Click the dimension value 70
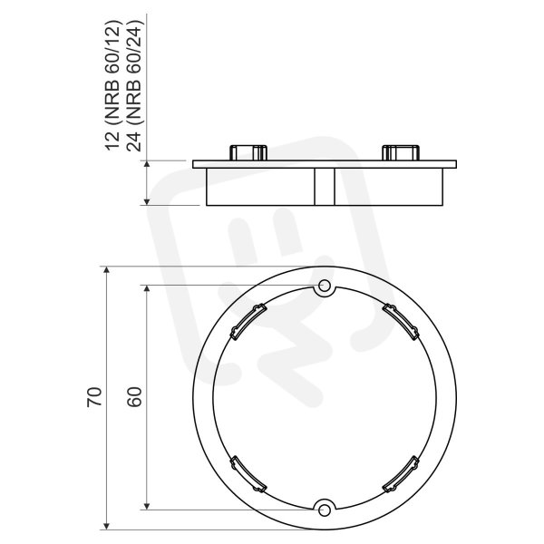(x=94, y=396)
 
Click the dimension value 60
(x=134, y=396)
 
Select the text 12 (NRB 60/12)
(x=112, y=86)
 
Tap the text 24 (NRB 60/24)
(x=134, y=86)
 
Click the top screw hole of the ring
(x=325, y=287)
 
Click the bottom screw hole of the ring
(x=325, y=510)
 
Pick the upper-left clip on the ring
(x=248, y=321)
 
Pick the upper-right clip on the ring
(x=401, y=321)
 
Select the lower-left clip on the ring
(x=248, y=474)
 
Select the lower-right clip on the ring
(x=401, y=474)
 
